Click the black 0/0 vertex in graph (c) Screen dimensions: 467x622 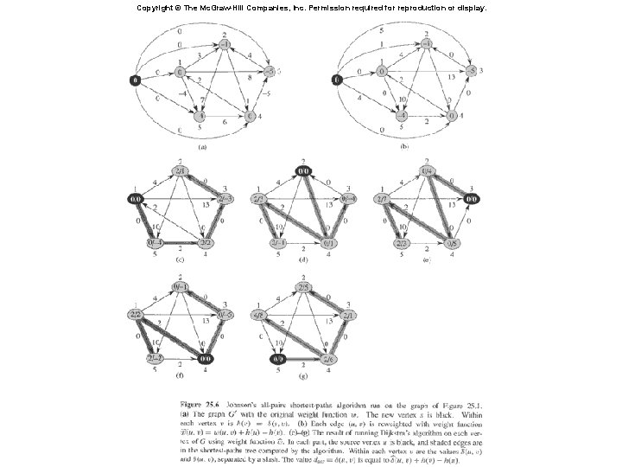(136, 199)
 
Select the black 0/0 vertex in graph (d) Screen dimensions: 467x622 (303, 171)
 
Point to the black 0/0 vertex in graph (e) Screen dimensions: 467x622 (472, 199)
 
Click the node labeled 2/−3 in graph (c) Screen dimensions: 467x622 (226, 199)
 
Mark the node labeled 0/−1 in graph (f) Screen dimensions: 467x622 (181, 285)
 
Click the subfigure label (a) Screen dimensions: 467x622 (202, 147)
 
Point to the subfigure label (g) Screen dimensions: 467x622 (302, 377)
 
